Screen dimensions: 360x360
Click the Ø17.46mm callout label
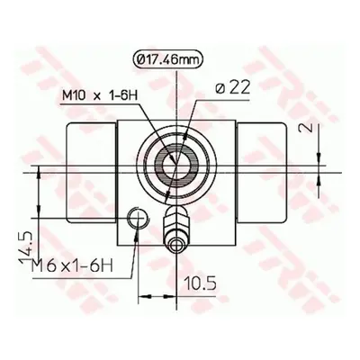tap(167, 60)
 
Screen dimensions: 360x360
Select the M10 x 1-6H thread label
tap(100, 96)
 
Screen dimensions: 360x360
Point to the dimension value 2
tap(305, 128)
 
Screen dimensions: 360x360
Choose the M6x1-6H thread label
tap(72, 265)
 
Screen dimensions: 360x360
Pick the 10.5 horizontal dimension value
tap(200, 283)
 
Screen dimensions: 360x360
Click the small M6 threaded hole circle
tap(138, 218)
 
